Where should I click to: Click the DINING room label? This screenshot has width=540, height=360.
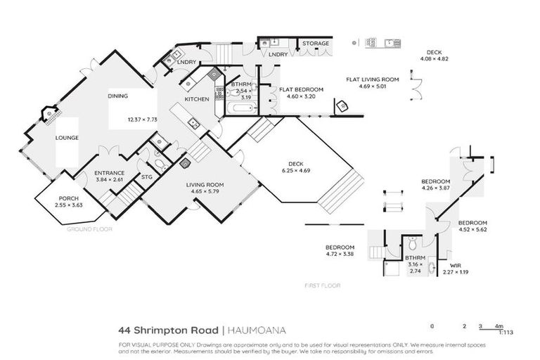(x=117, y=96)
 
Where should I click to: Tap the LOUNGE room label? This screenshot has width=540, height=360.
(x=67, y=138)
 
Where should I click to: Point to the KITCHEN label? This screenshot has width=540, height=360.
(x=197, y=100)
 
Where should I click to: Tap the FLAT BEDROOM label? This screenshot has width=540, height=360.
(x=301, y=90)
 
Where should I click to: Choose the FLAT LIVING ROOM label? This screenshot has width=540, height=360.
(x=372, y=79)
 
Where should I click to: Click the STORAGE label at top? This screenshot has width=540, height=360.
(x=316, y=44)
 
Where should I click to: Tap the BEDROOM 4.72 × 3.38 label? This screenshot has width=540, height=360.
(x=340, y=247)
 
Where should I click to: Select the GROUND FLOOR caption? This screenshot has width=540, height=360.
(x=89, y=229)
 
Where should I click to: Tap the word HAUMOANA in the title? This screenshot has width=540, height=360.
(x=256, y=329)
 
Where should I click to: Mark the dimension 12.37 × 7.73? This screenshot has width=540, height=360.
(x=143, y=120)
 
